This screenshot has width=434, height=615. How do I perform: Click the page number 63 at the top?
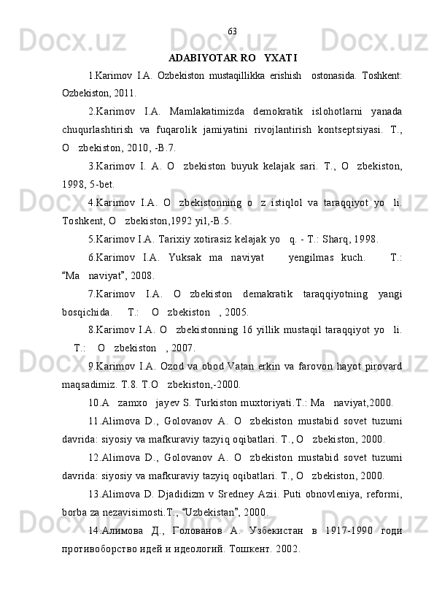pos(232,31)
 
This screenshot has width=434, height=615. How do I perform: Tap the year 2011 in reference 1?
pos(123,94)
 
